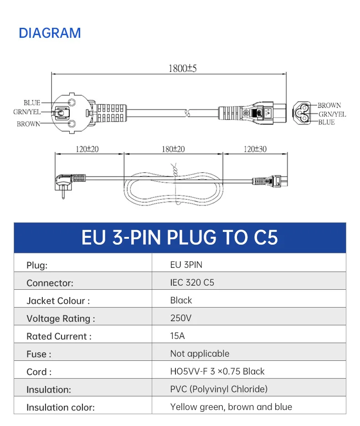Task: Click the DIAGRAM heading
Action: click(x=50, y=33)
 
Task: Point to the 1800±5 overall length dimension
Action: click(x=182, y=69)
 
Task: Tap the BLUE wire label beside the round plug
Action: click(x=32, y=103)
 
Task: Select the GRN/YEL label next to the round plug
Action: click(x=26, y=112)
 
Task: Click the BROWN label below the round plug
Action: click(x=28, y=124)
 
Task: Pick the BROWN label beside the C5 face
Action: click(x=329, y=105)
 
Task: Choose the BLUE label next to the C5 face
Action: click(x=326, y=122)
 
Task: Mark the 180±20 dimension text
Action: click(x=173, y=149)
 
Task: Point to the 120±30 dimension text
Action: click(x=255, y=149)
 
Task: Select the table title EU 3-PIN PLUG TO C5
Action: click(x=180, y=238)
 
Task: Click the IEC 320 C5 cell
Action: click(x=192, y=282)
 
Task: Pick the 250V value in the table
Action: click(x=181, y=318)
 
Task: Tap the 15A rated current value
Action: click(x=178, y=336)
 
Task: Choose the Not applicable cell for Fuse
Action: click(x=200, y=354)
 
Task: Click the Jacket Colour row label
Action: click(x=58, y=301)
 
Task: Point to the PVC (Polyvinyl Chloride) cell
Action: click(x=219, y=389)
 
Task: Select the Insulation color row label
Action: click(x=60, y=407)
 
